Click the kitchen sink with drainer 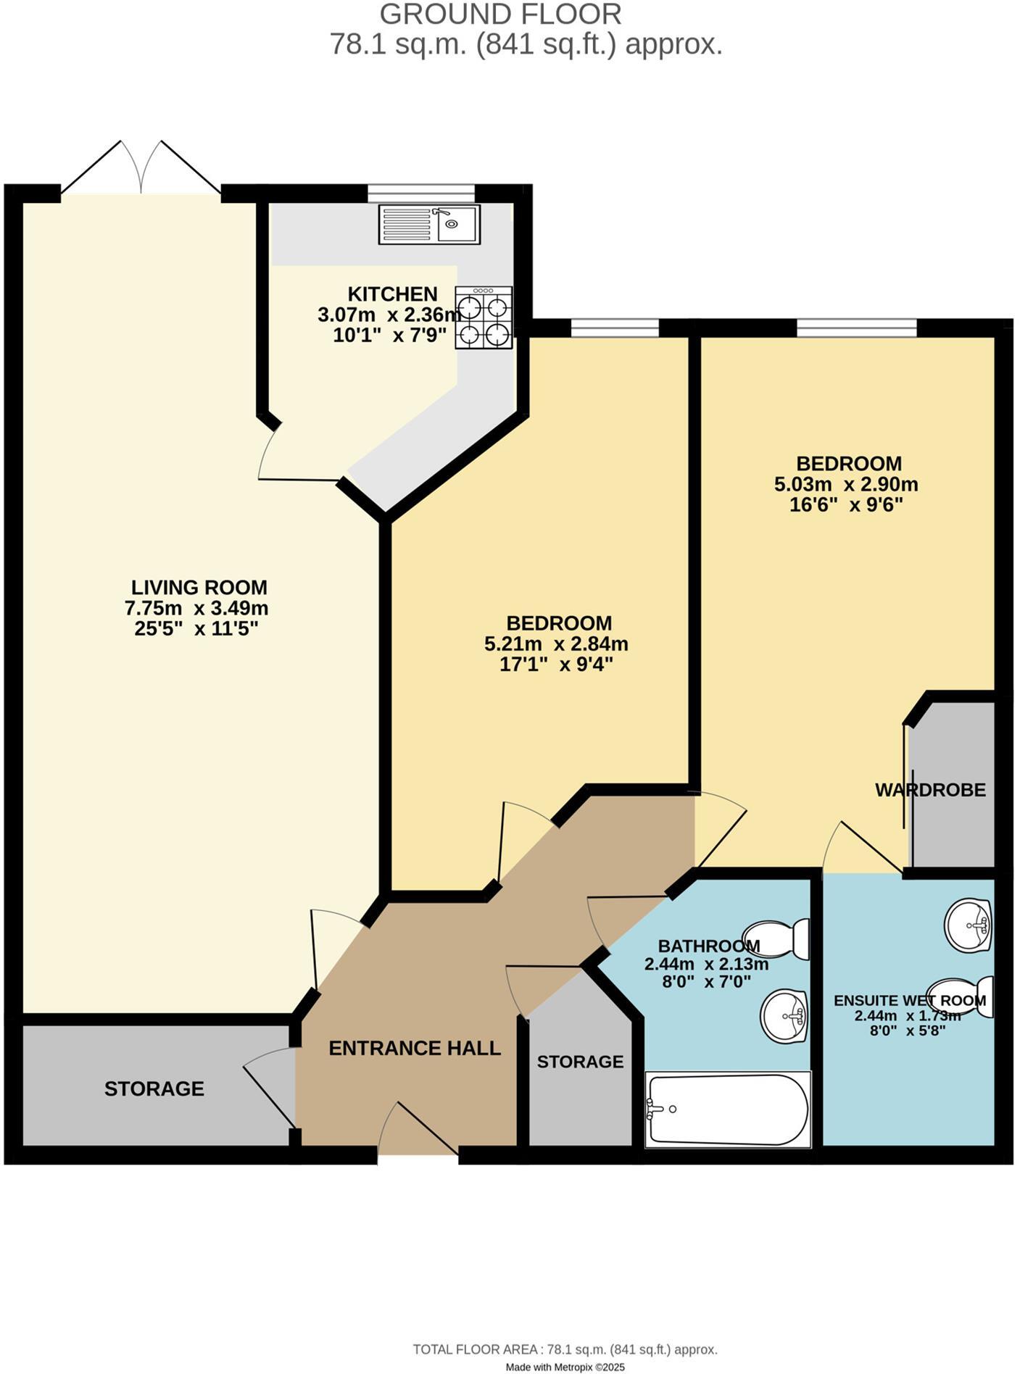coord(429,224)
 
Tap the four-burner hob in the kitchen coord(484,317)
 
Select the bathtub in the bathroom coord(728,1109)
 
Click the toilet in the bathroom coord(776,939)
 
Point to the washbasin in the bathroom coord(784,1016)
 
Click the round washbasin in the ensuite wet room coord(969,925)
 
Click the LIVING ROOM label coord(199,587)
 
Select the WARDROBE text coord(930,790)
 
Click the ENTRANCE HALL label coord(415,1048)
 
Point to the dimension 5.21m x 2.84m coord(556,644)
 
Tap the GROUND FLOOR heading coord(500,14)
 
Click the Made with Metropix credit coord(565,1367)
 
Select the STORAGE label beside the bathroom coord(580,1062)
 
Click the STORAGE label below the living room coord(154,1088)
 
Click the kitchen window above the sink coord(420,192)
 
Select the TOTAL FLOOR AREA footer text coord(565,1349)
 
